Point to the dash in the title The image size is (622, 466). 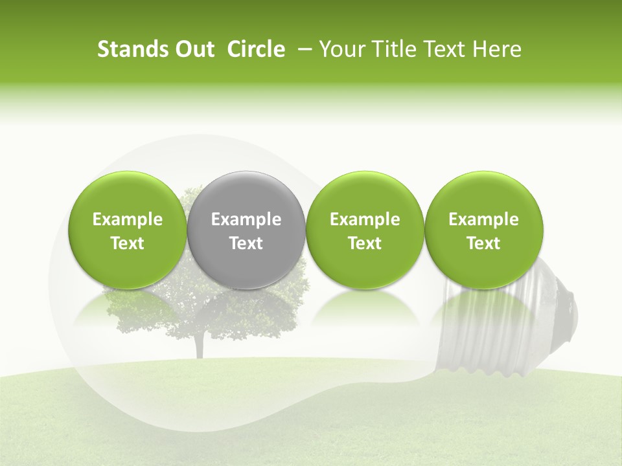click(x=303, y=49)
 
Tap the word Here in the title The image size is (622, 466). click(x=495, y=49)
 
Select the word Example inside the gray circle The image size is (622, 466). click(x=246, y=219)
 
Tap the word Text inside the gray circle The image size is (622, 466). click(x=246, y=243)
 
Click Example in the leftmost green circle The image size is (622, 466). click(x=128, y=219)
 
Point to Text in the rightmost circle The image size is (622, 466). click(x=484, y=243)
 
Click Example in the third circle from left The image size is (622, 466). click(x=365, y=219)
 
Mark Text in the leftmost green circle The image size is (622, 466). click(x=128, y=243)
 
